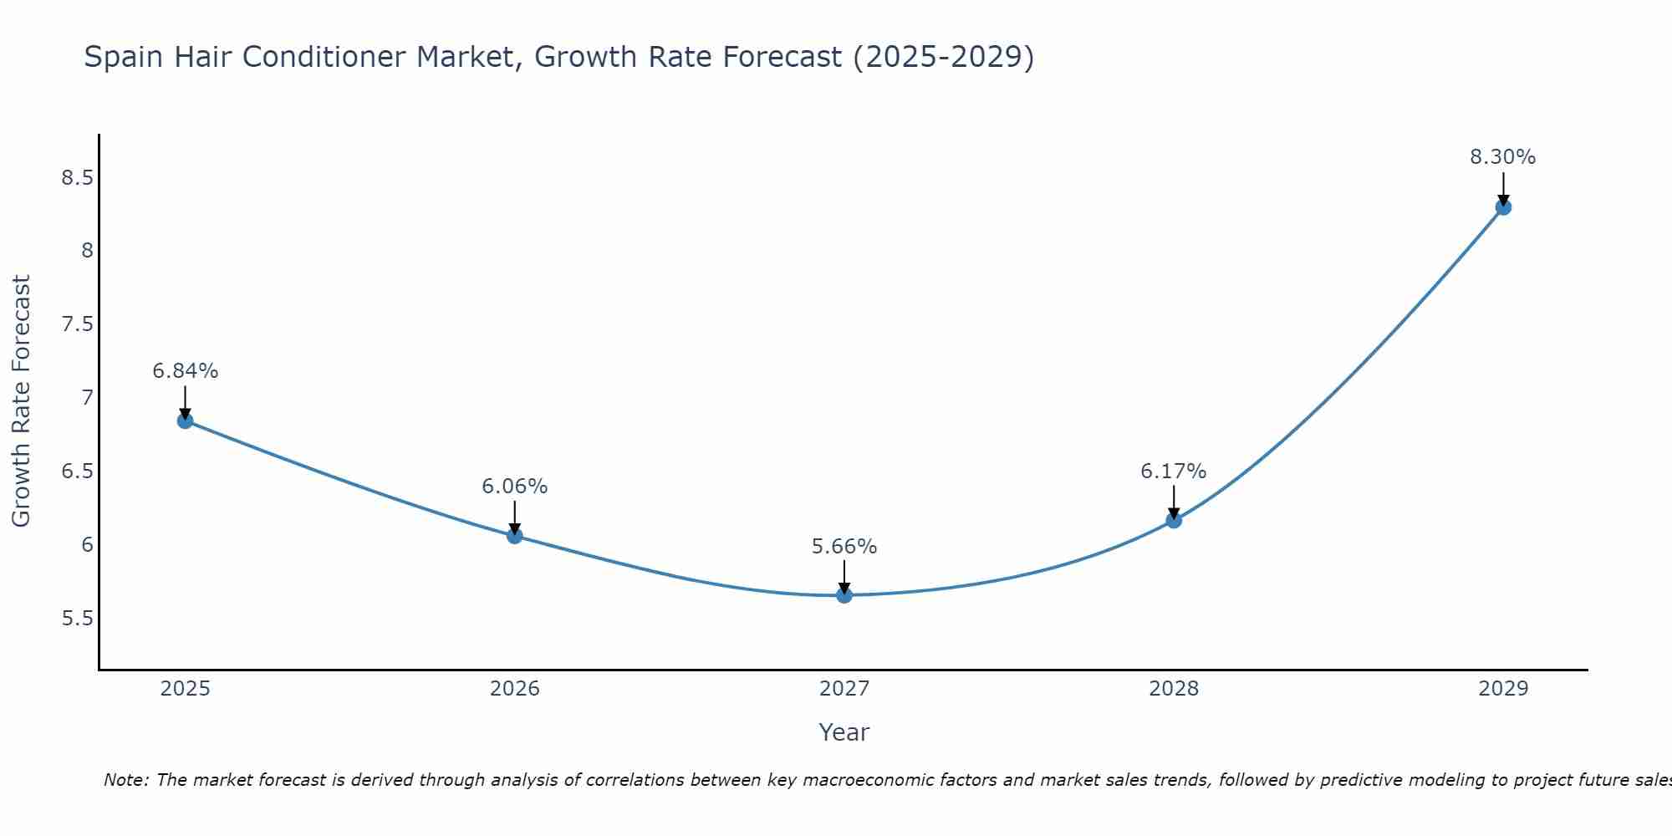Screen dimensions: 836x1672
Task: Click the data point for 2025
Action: (x=186, y=421)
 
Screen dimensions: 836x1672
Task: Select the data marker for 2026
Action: (x=515, y=536)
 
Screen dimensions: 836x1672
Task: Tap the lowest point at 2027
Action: (x=844, y=595)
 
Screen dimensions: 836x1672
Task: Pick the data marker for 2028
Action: (x=1174, y=520)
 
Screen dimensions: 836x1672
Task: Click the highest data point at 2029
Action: (x=1503, y=206)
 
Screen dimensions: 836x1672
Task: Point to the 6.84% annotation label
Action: (x=186, y=371)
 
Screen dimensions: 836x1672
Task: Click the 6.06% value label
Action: (x=515, y=487)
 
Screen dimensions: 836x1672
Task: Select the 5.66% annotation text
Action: (x=844, y=547)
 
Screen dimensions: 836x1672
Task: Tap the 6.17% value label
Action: (x=1174, y=472)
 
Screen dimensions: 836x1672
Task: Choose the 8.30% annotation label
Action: (x=1503, y=157)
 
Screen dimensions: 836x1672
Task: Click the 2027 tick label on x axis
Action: (x=844, y=689)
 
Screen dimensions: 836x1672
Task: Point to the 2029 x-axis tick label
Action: (x=1503, y=689)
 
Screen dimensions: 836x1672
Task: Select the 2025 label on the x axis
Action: (x=186, y=689)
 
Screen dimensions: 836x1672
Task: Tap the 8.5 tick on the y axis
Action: (x=77, y=178)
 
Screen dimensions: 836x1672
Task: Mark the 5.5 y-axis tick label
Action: (x=77, y=619)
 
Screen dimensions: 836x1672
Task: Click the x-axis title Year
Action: (x=844, y=732)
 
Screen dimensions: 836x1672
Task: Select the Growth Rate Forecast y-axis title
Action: (x=22, y=401)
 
